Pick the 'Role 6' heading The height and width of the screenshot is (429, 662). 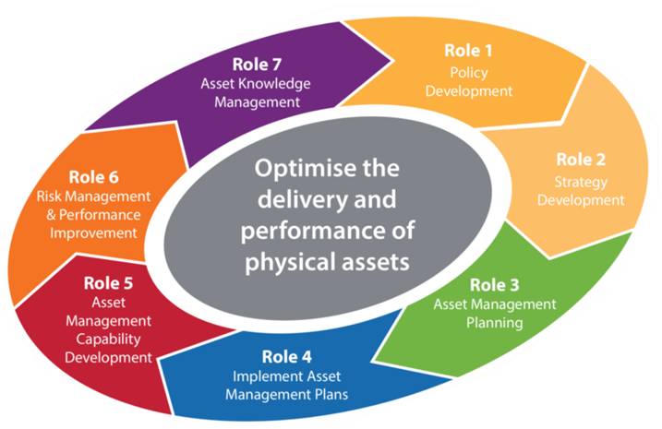(92, 176)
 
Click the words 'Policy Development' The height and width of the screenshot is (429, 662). (469, 83)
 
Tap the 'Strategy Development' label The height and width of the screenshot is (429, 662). (582, 191)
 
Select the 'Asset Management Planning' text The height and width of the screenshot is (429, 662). (496, 314)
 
